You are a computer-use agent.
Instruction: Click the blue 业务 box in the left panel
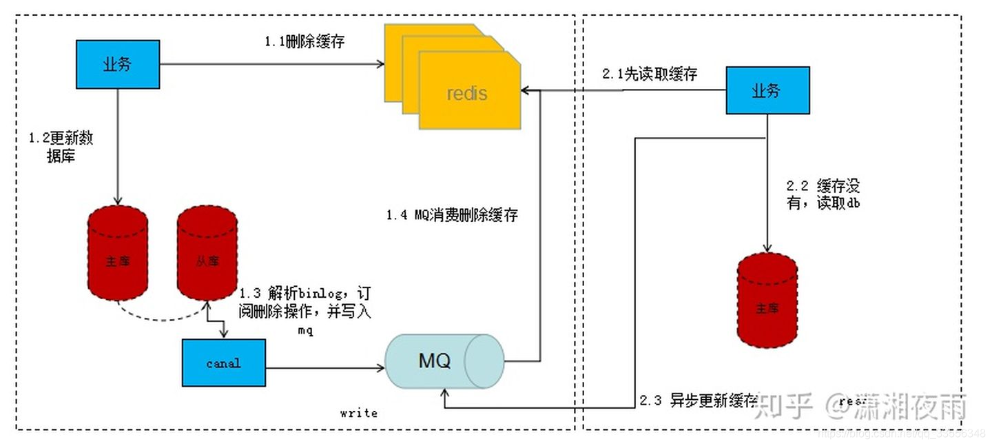116,65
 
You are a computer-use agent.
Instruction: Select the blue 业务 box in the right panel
767,90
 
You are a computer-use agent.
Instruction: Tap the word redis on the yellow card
466,93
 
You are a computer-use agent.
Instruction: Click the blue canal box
223,363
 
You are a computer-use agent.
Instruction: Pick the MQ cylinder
444,361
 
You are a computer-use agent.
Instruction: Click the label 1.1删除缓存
304,41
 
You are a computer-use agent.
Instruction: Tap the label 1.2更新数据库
61,147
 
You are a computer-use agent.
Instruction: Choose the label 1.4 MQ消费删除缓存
451,215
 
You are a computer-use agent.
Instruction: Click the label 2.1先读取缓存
649,74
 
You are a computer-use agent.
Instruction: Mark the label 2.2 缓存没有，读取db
823,194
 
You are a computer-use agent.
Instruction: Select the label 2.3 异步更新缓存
699,401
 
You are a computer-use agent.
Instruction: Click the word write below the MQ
358,413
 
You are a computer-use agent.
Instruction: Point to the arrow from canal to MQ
324,368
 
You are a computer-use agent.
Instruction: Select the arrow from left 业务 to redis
272,65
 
